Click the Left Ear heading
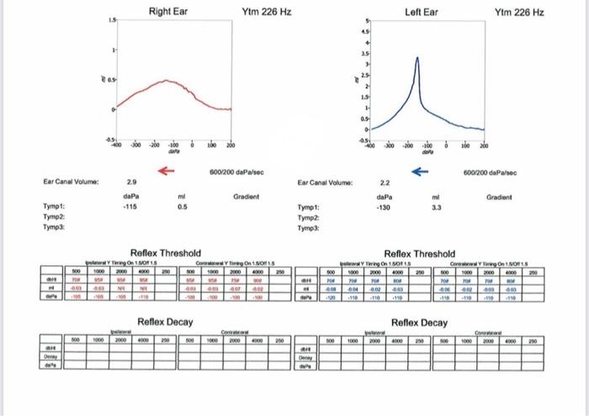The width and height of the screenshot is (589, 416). click(x=422, y=13)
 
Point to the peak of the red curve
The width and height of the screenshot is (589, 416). click(x=166, y=81)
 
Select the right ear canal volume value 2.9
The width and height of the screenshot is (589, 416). click(x=132, y=181)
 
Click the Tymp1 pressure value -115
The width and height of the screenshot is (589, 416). click(x=130, y=206)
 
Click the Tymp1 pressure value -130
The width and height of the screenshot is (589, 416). click(x=383, y=206)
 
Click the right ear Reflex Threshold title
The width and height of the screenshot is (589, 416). click(x=166, y=253)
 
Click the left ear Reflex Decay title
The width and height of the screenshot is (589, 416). click(x=421, y=322)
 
